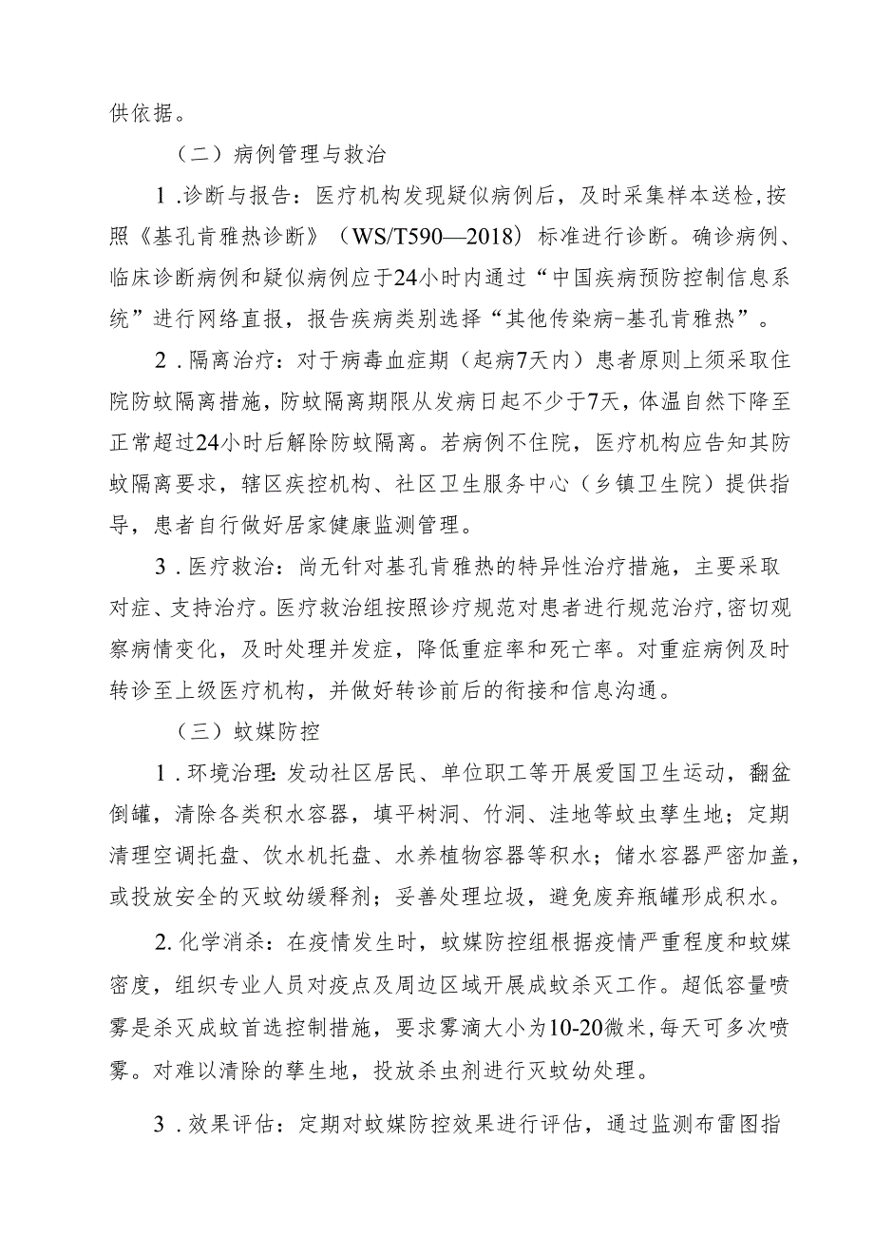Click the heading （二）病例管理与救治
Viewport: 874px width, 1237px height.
[280, 153]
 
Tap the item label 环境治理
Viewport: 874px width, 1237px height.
[238, 774]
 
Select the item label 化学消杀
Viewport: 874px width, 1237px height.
[238, 939]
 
